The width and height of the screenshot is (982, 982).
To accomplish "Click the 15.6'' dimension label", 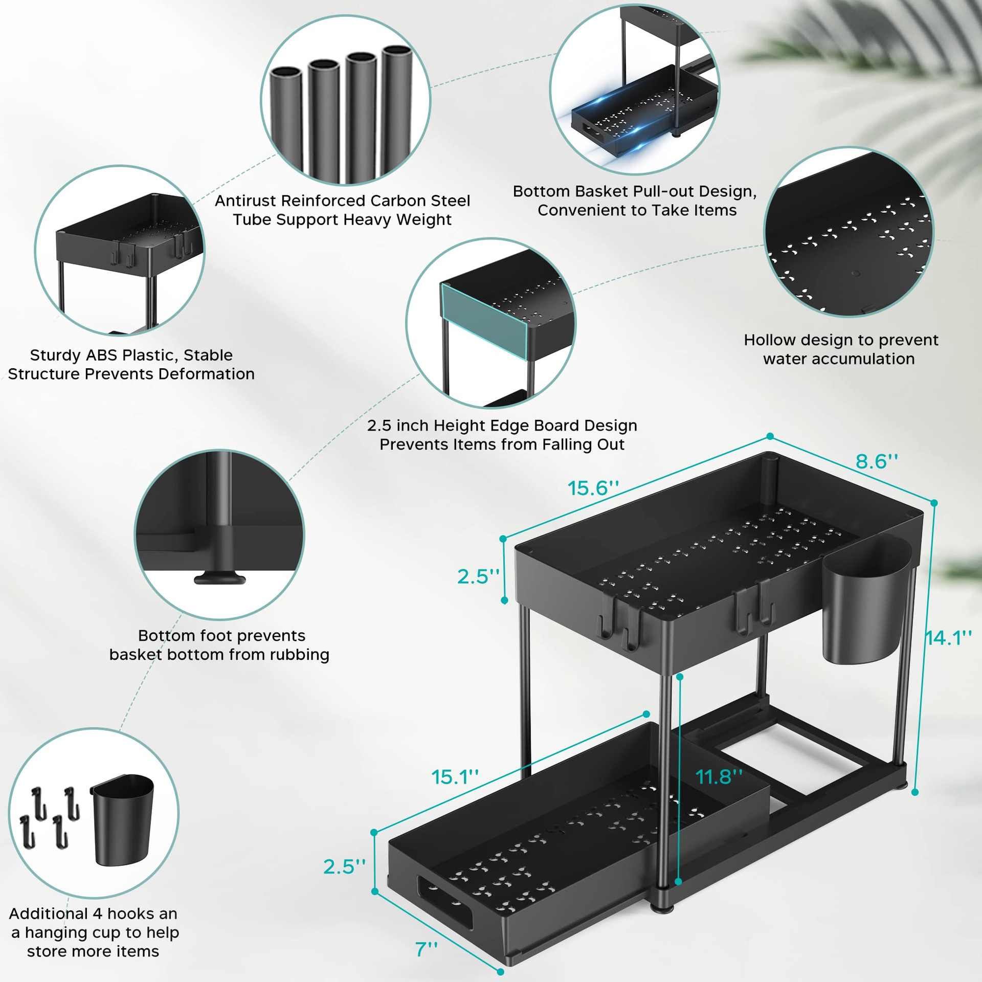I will click(x=593, y=488).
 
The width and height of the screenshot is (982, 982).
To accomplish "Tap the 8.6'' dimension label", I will click(x=877, y=461).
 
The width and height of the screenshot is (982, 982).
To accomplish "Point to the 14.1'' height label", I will click(x=949, y=638).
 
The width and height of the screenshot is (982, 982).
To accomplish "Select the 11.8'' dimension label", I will click(x=719, y=777).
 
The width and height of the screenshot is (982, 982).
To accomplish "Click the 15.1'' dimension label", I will click(x=455, y=777).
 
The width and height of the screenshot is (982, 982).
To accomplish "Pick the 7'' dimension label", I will click(x=426, y=949).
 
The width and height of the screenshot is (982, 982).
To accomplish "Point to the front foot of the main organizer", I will click(x=662, y=908).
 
